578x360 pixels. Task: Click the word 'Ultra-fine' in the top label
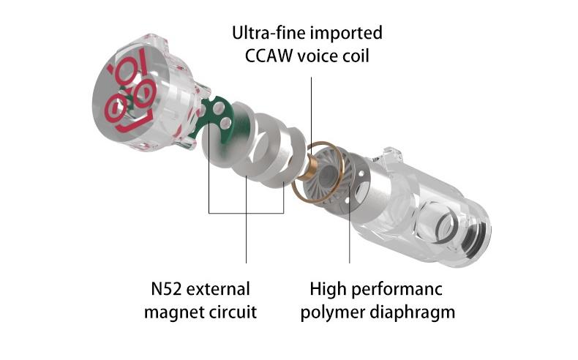[x=265, y=33]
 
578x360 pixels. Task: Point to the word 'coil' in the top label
[x=359, y=54]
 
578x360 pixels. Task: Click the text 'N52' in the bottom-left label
[x=157, y=288]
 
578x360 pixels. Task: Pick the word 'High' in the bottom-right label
[x=327, y=288]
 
